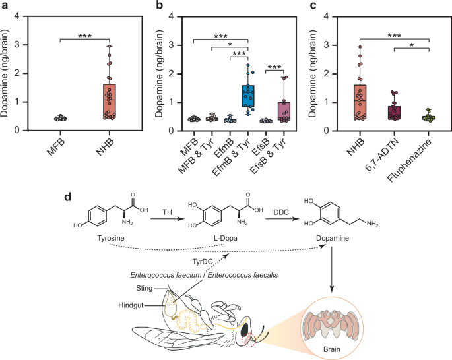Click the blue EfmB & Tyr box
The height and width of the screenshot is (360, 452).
247,96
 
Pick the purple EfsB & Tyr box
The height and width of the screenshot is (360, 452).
284,115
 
